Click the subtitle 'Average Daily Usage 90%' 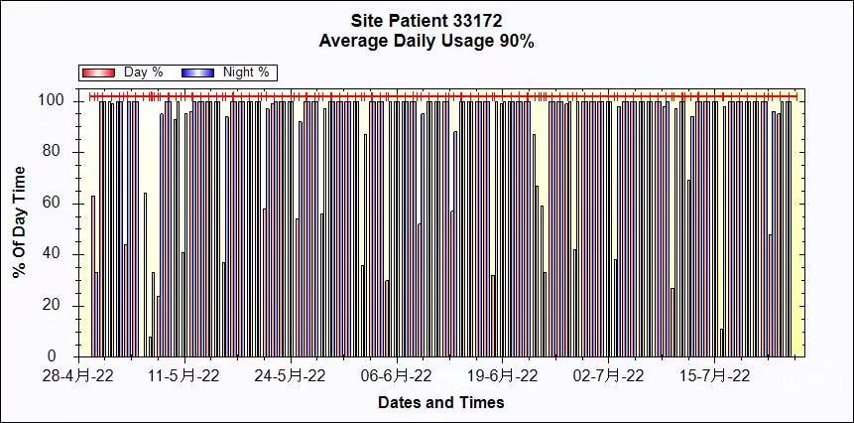[427, 42]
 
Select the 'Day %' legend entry [143, 72]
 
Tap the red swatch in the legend [99, 72]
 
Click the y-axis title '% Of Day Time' [20, 221]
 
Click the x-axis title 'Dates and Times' [440, 402]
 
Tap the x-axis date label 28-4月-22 [78, 376]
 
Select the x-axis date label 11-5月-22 [183, 376]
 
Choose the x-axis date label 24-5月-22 [290, 376]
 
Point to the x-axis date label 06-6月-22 [396, 376]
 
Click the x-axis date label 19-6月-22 [502, 376]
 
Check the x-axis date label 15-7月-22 [714, 376]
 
